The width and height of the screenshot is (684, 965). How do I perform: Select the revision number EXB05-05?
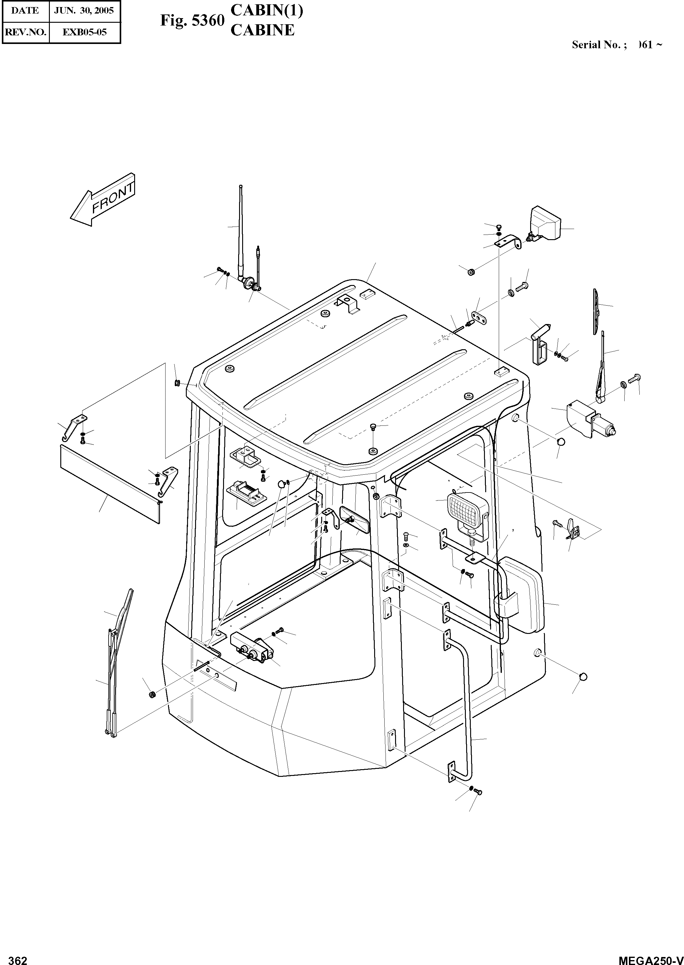click(84, 32)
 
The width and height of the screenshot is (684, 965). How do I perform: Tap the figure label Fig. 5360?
click(192, 20)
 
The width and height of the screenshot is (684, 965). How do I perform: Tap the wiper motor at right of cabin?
click(590, 418)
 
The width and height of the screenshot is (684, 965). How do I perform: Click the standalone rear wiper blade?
click(596, 312)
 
